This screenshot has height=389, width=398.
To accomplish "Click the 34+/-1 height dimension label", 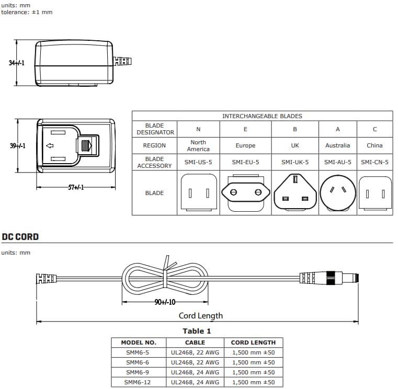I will click(x=17, y=63).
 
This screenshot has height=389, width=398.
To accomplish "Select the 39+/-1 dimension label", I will click(x=17, y=146).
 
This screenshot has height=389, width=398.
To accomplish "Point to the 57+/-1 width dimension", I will click(x=76, y=188).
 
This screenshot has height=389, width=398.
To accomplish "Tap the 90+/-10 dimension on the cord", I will click(x=165, y=302).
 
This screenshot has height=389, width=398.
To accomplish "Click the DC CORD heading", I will click(x=20, y=236).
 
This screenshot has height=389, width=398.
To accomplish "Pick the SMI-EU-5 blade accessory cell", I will click(x=245, y=162).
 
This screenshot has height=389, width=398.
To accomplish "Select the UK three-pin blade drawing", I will click(x=295, y=193).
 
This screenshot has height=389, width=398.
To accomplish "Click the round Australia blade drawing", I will click(x=337, y=192).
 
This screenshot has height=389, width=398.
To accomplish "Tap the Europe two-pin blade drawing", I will click(x=245, y=193).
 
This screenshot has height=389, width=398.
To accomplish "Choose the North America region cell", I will click(x=198, y=145).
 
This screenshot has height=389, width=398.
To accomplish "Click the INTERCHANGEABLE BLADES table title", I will click(x=262, y=116).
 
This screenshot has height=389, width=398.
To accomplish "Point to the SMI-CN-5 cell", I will click(x=374, y=162).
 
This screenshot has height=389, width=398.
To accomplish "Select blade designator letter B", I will click(x=295, y=129).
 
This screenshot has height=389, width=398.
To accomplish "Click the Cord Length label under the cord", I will click(x=201, y=315).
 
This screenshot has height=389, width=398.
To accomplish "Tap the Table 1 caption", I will click(x=197, y=331).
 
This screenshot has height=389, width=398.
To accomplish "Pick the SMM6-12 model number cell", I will click(x=138, y=382).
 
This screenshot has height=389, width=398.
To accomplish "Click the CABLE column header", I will click(x=195, y=342).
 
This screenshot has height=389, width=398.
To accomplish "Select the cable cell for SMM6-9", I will click(x=195, y=372).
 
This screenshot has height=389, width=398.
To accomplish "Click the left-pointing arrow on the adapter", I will click(x=50, y=145).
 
